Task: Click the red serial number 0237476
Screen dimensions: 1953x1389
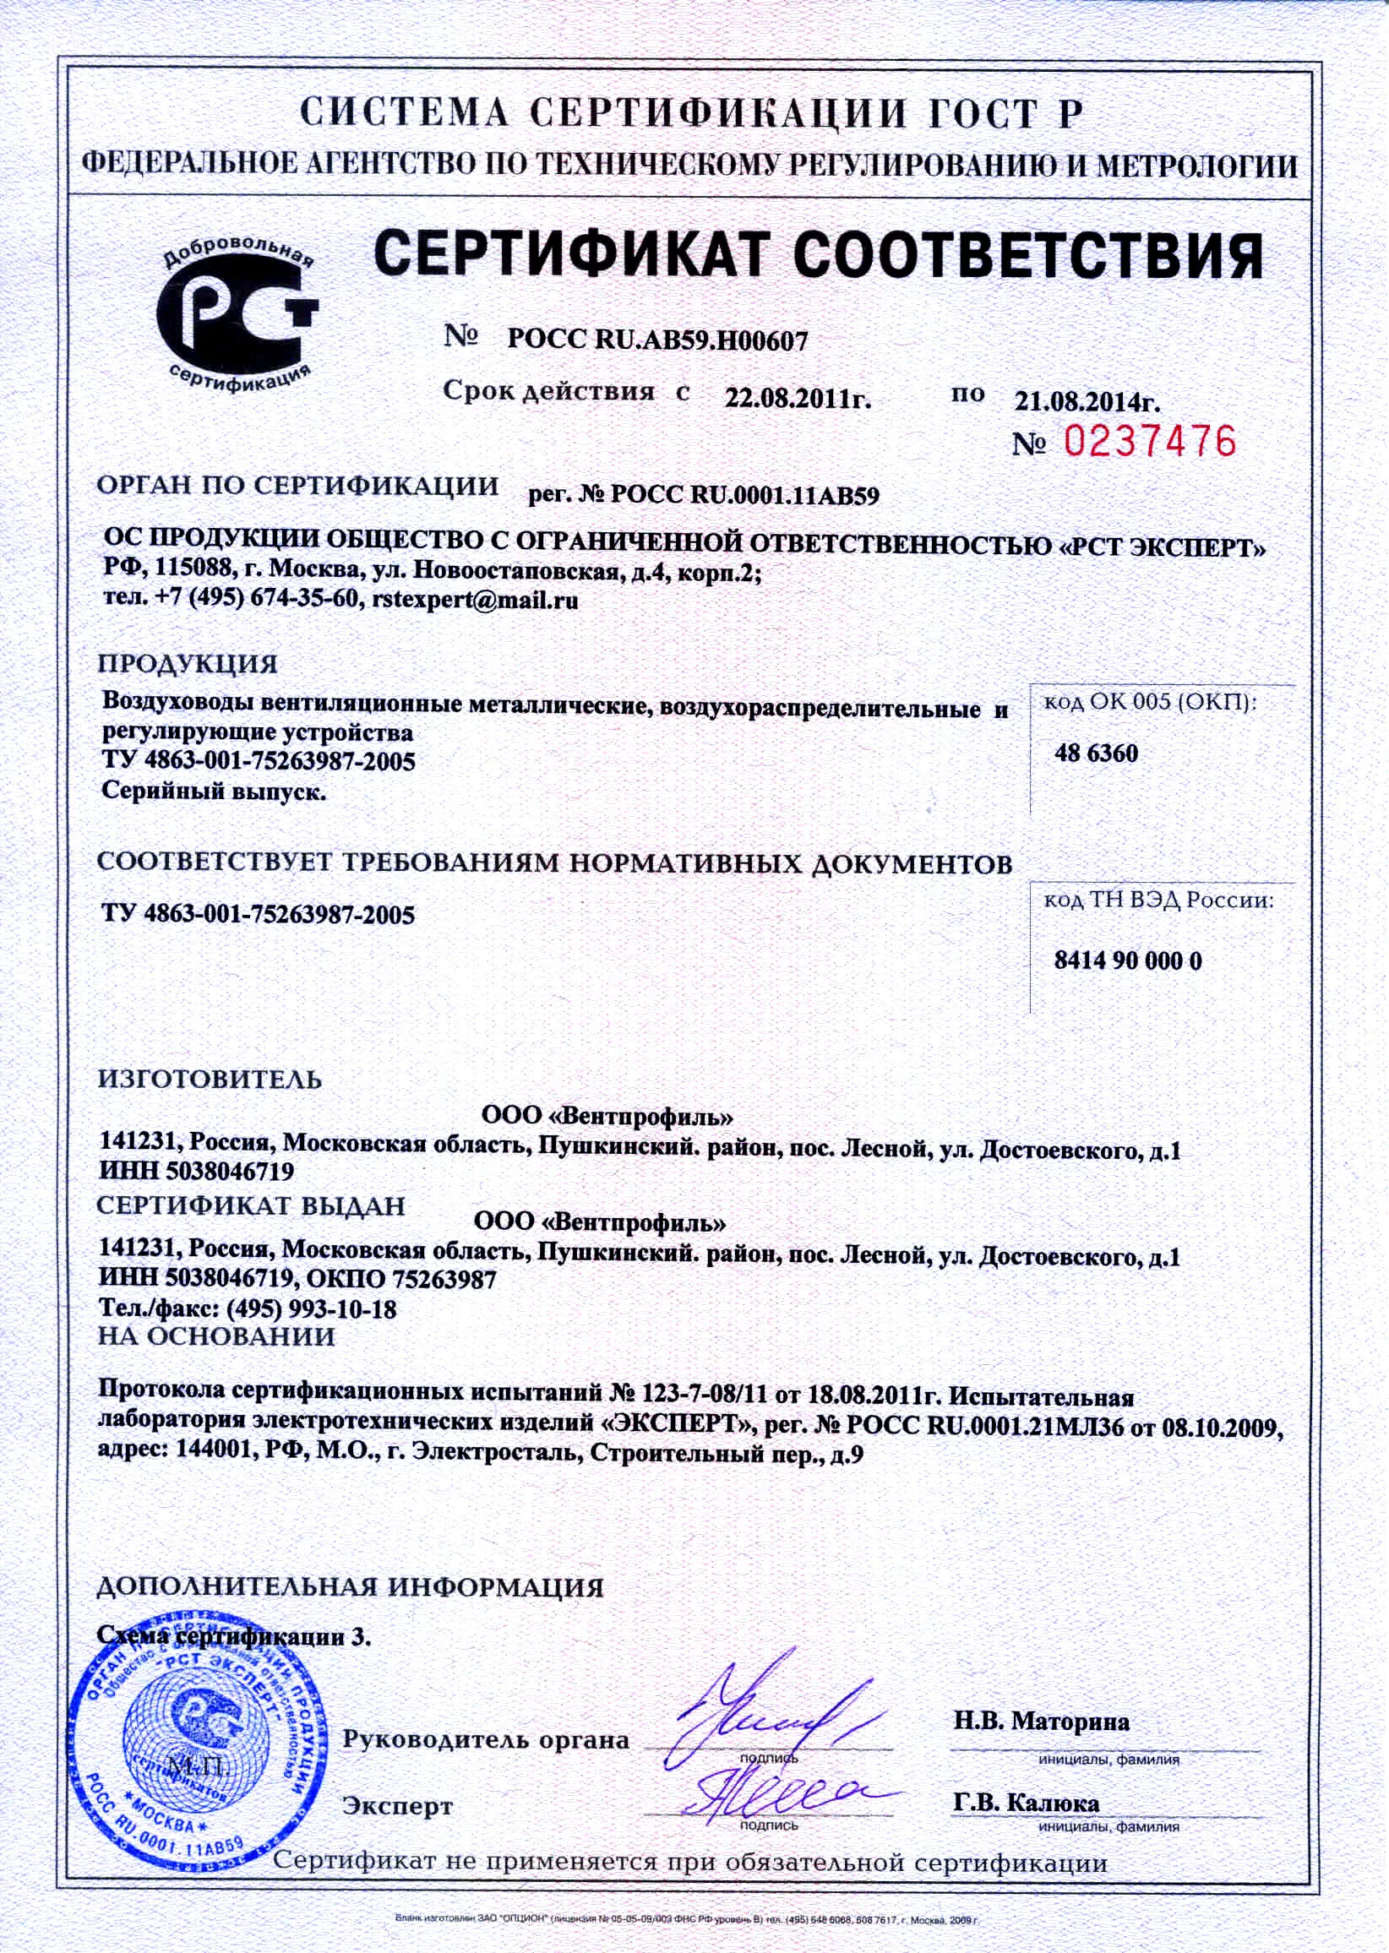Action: tap(1150, 441)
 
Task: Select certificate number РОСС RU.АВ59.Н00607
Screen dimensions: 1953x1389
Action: tap(656, 341)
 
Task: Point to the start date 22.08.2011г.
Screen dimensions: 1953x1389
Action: tap(797, 399)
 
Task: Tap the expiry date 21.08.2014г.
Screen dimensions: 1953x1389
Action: tap(1087, 401)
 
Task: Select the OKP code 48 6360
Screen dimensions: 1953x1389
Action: tap(1096, 753)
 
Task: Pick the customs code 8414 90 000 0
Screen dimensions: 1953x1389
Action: tap(1127, 960)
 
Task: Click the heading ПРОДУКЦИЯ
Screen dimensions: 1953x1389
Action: tap(188, 665)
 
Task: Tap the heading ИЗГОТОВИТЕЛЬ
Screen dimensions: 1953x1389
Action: tap(210, 1079)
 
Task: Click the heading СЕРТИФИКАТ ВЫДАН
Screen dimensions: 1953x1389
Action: tap(251, 1205)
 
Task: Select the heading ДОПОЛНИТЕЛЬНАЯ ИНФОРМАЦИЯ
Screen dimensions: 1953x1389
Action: tap(350, 1588)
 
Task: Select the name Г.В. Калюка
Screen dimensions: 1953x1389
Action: tap(1026, 1803)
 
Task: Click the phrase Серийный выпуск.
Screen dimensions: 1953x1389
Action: tap(214, 791)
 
